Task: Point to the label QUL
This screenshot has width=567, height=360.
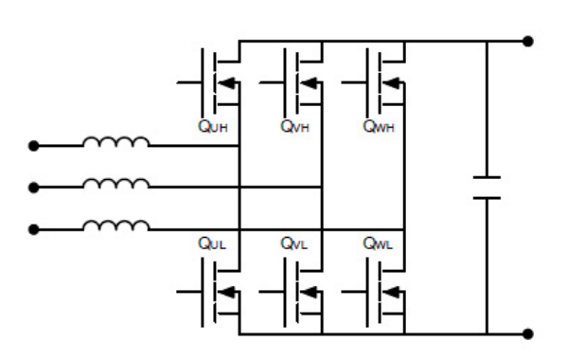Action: pos(211,244)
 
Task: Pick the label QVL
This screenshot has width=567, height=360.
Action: pos(293,244)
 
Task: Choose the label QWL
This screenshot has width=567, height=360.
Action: pos(376,244)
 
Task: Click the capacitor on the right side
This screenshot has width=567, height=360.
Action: pos(487,187)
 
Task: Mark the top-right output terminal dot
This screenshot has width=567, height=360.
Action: pos(528,41)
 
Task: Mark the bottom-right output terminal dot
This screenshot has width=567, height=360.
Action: pos(528,333)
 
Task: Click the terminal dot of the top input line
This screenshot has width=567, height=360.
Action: pos(34,146)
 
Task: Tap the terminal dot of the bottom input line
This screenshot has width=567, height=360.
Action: pos(34,228)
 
